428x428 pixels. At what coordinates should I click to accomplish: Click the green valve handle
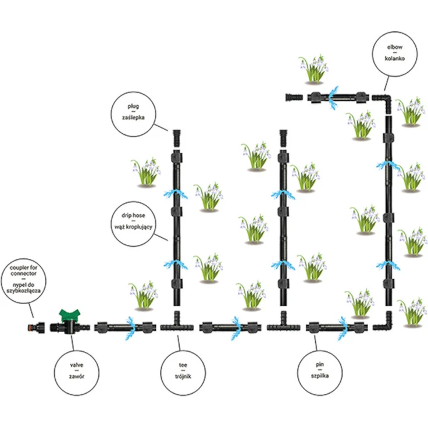pyautogui.click(x=70, y=315)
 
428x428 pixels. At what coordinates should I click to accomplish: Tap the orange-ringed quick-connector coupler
pyautogui.click(x=36, y=327)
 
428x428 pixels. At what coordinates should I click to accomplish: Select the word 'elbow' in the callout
pyautogui.click(x=395, y=47)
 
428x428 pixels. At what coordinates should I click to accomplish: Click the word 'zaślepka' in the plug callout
pyautogui.click(x=133, y=117)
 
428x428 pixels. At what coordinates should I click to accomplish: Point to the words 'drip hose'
pyautogui.click(x=133, y=215)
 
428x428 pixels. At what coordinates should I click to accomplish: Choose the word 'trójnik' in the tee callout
pyautogui.click(x=183, y=376)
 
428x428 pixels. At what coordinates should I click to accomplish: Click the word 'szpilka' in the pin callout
pyautogui.click(x=319, y=376)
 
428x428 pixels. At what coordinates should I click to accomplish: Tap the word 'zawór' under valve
pyautogui.click(x=76, y=376)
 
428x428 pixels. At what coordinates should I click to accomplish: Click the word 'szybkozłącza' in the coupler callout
pyautogui.click(x=23, y=291)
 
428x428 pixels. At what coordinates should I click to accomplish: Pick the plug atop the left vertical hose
pyautogui.click(x=177, y=138)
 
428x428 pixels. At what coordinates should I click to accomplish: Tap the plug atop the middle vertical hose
pyautogui.click(x=283, y=138)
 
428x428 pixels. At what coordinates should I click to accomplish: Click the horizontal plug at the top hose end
pyautogui.click(x=294, y=97)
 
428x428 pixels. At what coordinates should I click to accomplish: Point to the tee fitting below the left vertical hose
pyautogui.click(x=177, y=324)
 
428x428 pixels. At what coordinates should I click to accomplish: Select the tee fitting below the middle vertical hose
pyautogui.click(x=283, y=324)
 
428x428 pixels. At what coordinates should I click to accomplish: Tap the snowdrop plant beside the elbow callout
pyautogui.click(x=313, y=69)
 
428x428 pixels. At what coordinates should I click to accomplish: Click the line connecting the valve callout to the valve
pyautogui.click(x=72, y=343)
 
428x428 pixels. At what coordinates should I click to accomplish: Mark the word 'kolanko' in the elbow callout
pyautogui.click(x=395, y=58)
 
